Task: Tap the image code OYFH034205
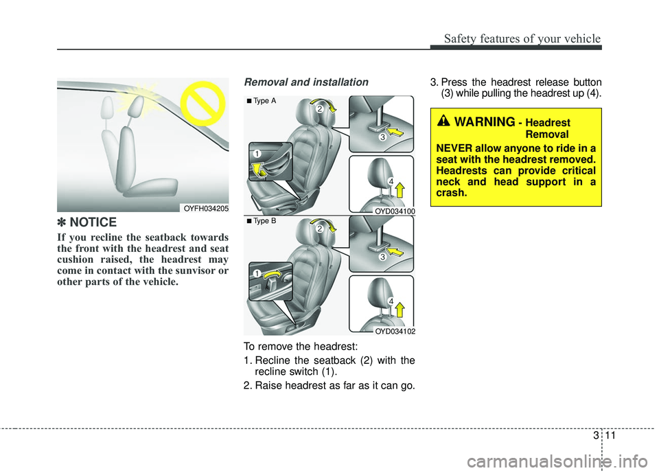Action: (x=206, y=208)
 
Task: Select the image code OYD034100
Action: (x=394, y=212)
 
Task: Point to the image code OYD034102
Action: (x=394, y=331)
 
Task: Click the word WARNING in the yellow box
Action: (x=484, y=122)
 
